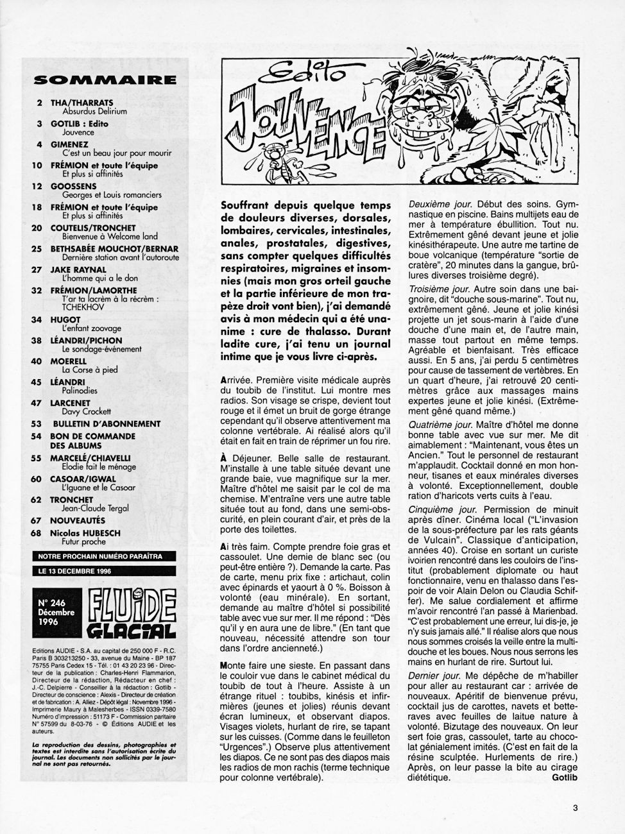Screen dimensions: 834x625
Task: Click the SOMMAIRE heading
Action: (x=104, y=80)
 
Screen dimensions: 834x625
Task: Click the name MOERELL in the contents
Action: (x=69, y=361)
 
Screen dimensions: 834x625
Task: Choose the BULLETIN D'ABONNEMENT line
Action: (x=107, y=423)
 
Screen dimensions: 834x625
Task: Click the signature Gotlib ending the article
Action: (x=564, y=778)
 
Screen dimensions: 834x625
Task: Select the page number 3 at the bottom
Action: (x=575, y=808)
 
